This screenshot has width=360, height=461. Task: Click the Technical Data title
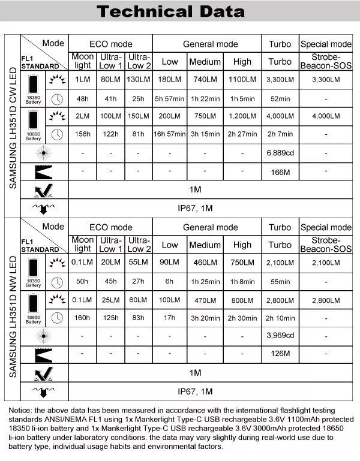(x=179, y=11)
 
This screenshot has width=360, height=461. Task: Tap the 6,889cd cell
(x=280, y=154)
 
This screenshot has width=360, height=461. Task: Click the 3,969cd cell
(x=280, y=336)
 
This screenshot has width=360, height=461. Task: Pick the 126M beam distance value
(x=280, y=355)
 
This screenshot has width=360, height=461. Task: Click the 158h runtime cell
(x=82, y=134)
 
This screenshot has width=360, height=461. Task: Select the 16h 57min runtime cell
(x=170, y=134)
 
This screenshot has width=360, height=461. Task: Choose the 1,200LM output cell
(x=242, y=116)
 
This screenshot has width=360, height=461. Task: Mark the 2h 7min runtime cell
(x=280, y=134)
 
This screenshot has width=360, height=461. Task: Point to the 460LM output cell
(x=205, y=263)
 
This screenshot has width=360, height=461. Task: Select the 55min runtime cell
(x=280, y=281)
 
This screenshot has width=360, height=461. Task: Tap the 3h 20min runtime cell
(x=205, y=318)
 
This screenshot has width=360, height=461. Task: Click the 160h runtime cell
(x=82, y=318)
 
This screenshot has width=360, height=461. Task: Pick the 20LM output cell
(x=110, y=263)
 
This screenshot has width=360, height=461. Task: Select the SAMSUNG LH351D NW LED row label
(x=13, y=309)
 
